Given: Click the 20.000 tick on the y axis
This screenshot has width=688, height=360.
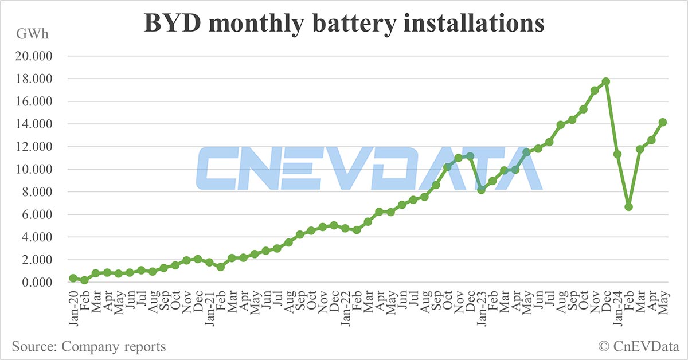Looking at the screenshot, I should click(33, 56).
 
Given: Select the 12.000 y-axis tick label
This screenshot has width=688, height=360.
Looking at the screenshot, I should click(33, 147).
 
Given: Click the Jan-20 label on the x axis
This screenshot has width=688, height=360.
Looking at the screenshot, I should click(73, 308).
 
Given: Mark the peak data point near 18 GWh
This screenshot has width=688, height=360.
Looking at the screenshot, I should click(605, 81).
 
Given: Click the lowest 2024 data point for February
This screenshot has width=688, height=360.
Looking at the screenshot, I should click(628, 206).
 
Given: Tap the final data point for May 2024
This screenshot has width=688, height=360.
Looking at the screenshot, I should click(662, 122).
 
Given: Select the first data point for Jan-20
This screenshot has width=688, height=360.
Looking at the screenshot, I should click(73, 278).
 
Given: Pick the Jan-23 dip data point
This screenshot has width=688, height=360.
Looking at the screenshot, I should click(481, 190).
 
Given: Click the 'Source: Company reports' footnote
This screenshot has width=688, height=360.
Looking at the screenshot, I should click(88, 346).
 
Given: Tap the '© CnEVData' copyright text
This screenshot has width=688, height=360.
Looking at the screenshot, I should click(636, 346).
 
